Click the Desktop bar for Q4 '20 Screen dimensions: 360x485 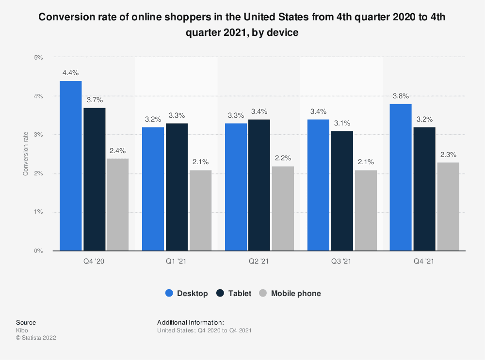click(71, 166)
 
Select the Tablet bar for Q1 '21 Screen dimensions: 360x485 click(177, 187)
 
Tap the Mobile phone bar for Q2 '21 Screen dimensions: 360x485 click(282, 208)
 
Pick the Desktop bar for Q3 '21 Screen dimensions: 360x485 click(318, 185)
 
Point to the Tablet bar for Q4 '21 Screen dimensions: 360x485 click(424, 189)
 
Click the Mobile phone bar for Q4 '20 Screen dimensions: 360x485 click(117, 204)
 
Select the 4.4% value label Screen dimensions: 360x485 click(71, 73)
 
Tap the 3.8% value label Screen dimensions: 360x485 click(401, 96)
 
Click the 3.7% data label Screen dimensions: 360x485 click(94, 100)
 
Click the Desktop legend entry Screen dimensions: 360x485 click(187, 293)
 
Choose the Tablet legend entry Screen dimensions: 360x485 click(235, 293)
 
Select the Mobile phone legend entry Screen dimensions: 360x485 click(290, 293)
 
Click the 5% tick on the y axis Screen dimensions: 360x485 click(38, 57)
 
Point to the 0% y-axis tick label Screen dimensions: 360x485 click(38, 251)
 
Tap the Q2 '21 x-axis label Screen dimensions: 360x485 click(259, 262)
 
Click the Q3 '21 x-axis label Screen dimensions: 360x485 click(341, 262)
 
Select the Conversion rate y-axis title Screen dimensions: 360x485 click(26, 154)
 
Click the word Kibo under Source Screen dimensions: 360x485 click(22, 330)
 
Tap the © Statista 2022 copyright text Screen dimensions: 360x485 click(36, 338)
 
